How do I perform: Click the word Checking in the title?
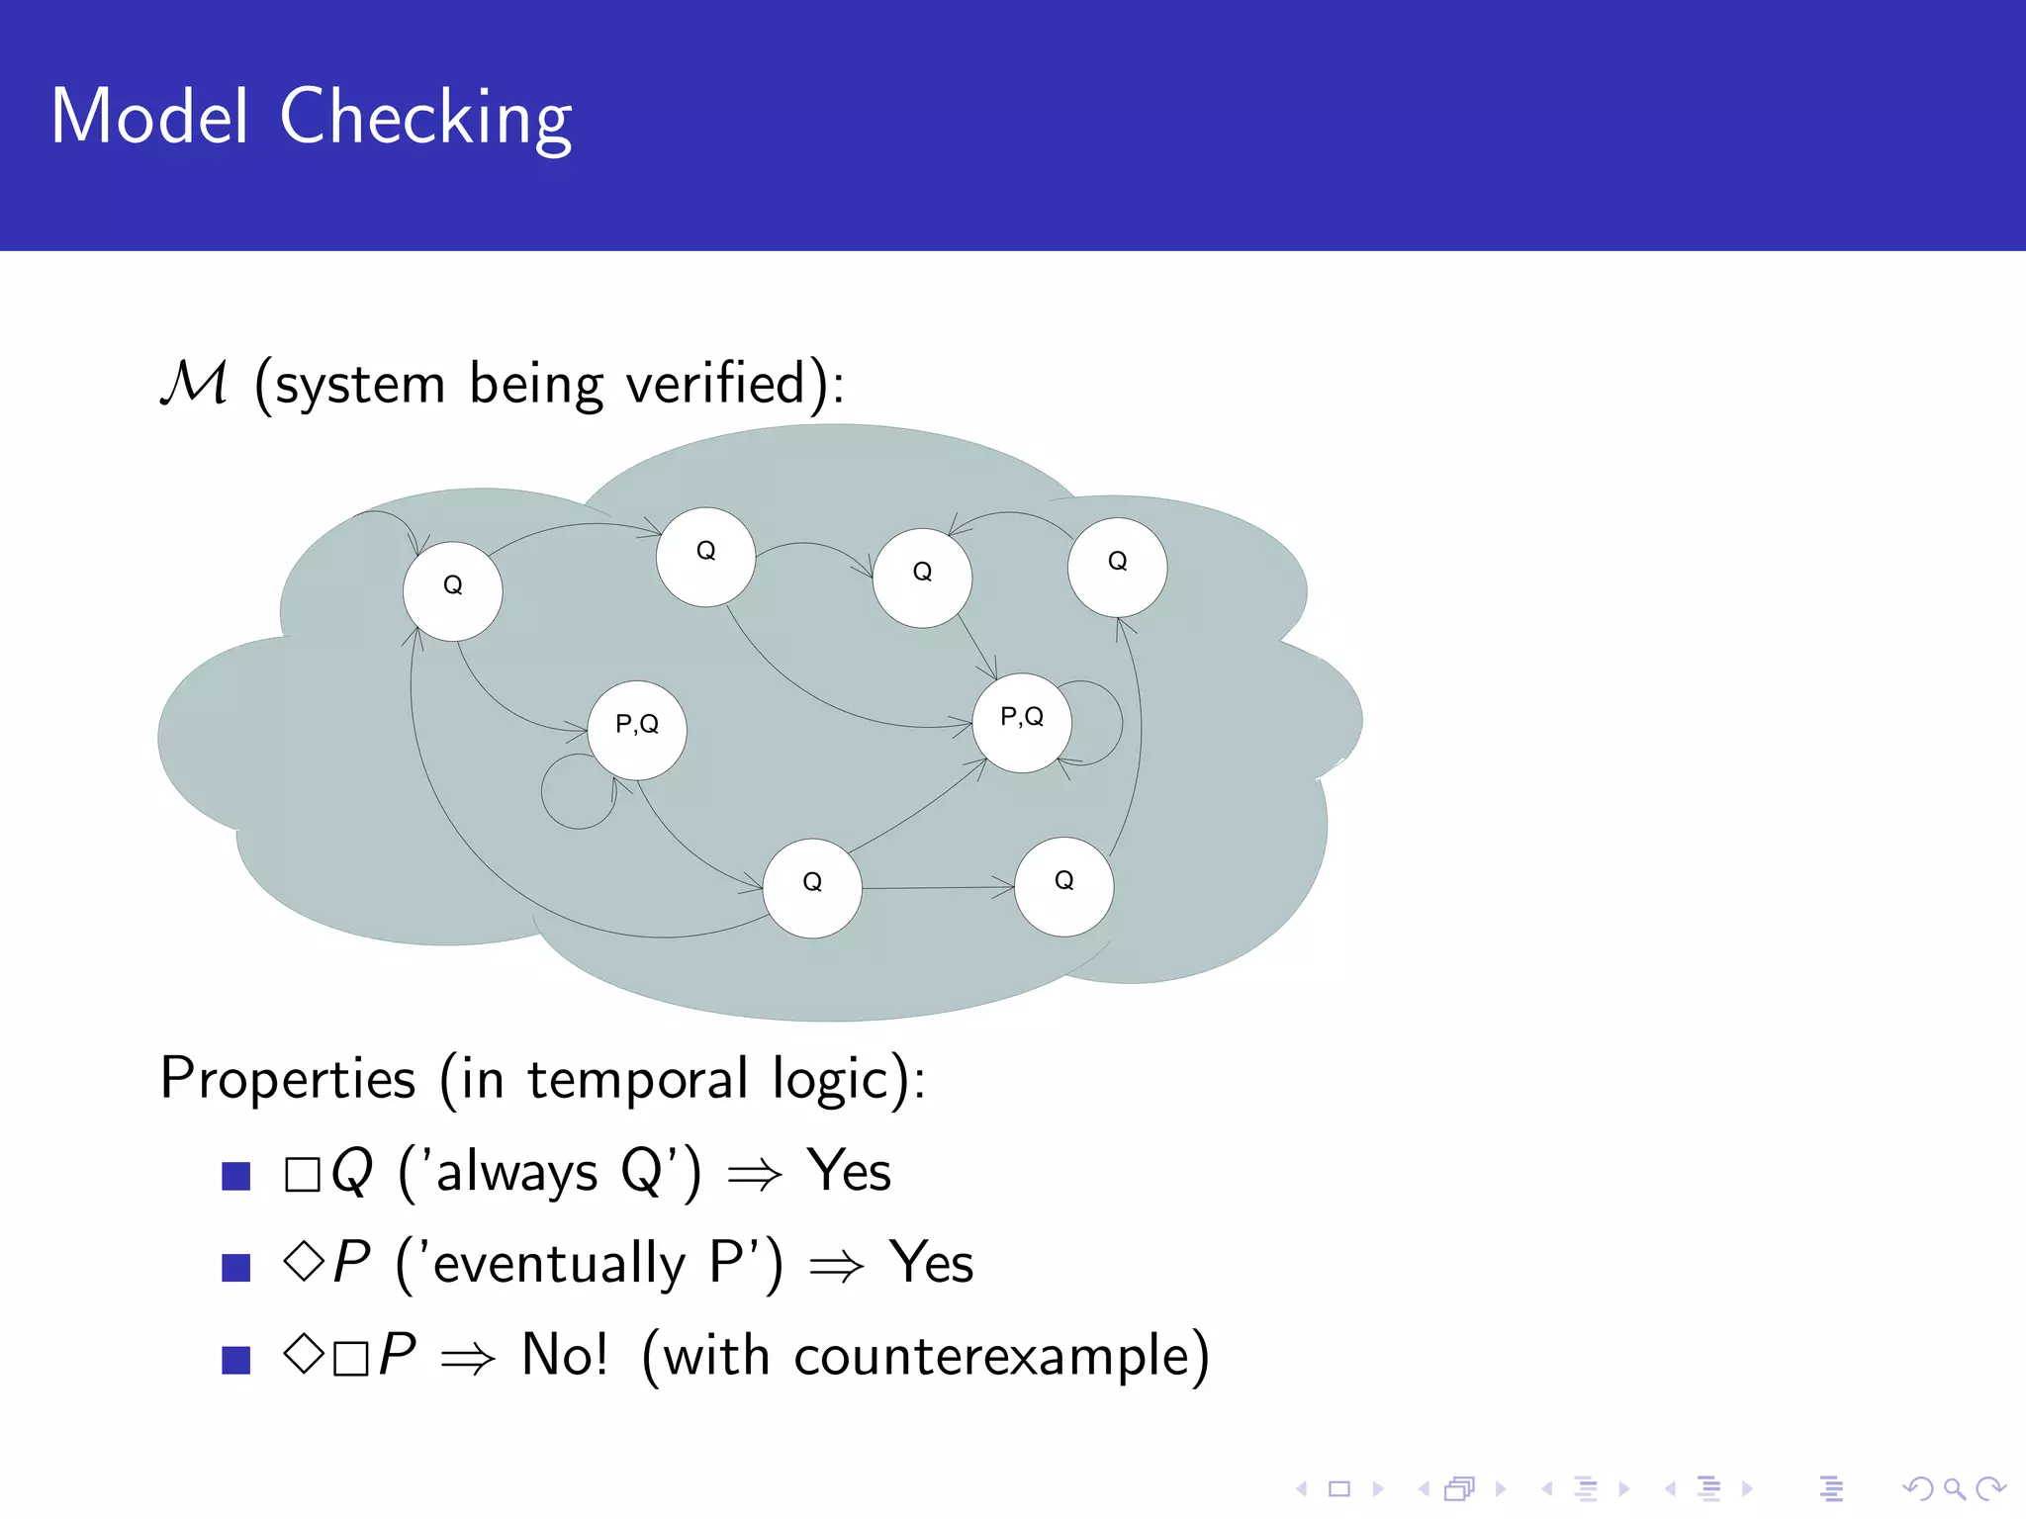click(425, 119)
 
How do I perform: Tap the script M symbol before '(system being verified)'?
click(194, 383)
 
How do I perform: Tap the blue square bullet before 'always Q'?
click(236, 1175)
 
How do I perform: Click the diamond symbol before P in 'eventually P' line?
click(303, 1261)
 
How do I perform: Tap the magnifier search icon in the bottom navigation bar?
click(1954, 1487)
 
